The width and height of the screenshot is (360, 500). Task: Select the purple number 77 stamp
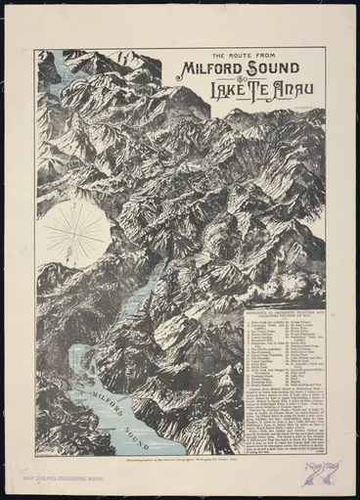coord(324,476)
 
